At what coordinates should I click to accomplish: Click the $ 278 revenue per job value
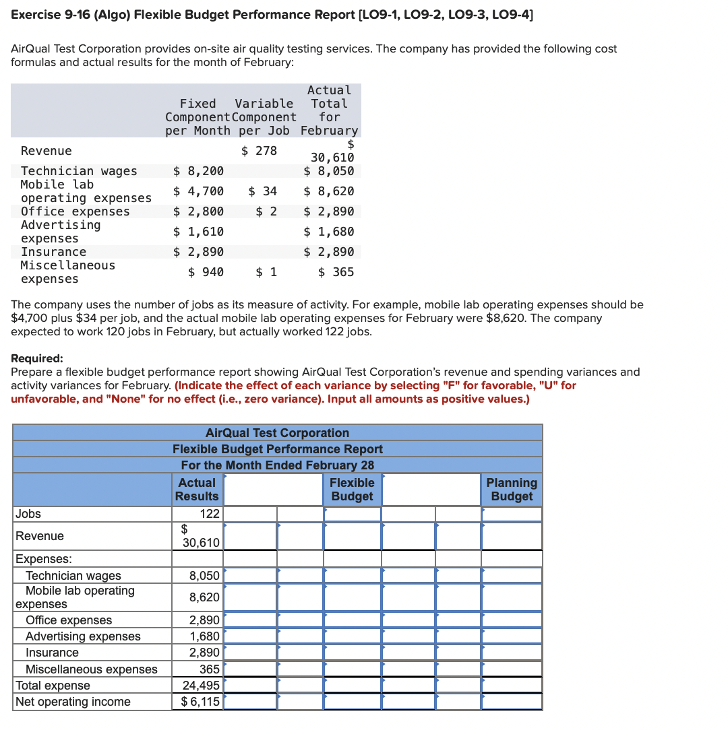point(259,151)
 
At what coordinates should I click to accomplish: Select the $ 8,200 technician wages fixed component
point(199,171)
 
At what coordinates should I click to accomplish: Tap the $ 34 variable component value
point(262,191)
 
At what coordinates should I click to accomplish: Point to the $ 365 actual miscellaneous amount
point(336,272)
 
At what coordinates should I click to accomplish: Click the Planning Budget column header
point(512,490)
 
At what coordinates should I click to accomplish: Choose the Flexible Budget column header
point(352,490)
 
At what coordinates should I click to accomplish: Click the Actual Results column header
point(197,490)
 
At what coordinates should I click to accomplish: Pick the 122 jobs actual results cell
point(210,514)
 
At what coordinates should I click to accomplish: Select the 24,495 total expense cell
point(201,686)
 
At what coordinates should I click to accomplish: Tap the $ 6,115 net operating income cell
point(200,702)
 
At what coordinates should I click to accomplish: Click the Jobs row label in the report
point(28,514)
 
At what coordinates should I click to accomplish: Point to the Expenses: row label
point(44,559)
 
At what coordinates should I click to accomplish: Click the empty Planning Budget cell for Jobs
point(512,514)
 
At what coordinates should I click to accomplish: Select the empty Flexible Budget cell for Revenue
point(352,536)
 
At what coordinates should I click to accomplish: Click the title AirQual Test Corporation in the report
point(277,432)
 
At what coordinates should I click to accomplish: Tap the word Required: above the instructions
point(38,358)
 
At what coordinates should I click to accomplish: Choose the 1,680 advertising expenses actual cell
point(204,636)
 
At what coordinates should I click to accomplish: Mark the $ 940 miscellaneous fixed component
point(206,272)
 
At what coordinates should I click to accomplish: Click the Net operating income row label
point(73,702)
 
